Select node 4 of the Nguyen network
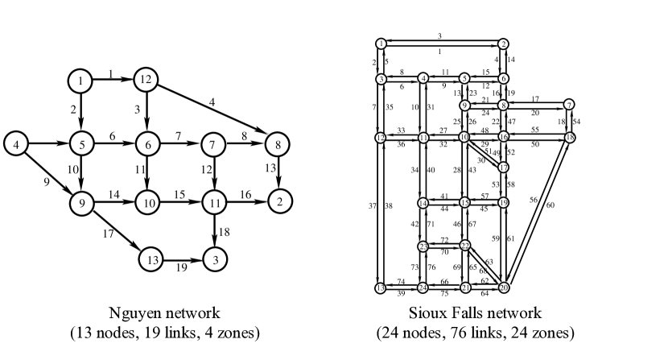[x=15, y=145]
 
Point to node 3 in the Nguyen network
[x=215, y=259]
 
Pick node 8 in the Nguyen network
[x=276, y=145]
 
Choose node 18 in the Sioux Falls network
[x=570, y=138]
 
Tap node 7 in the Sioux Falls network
[x=569, y=104]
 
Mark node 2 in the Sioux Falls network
[x=502, y=43]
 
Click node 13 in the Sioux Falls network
[x=380, y=288]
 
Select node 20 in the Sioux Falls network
[x=505, y=288]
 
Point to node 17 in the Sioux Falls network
[x=504, y=167]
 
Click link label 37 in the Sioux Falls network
[x=373, y=207]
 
